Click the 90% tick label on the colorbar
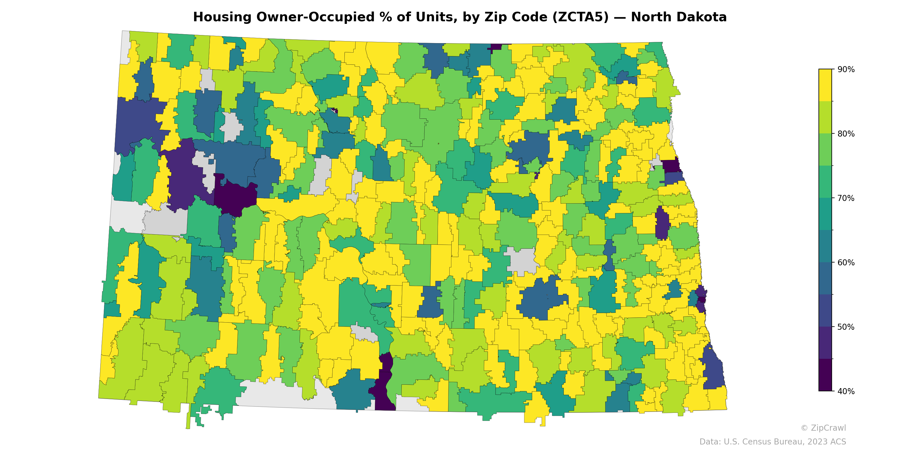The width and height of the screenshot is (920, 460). tap(846, 69)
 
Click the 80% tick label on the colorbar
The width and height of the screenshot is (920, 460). tap(846, 134)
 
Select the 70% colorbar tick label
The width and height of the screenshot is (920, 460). tap(846, 198)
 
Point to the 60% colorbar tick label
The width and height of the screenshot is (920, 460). tap(846, 262)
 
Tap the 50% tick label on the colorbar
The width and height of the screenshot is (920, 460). tap(846, 327)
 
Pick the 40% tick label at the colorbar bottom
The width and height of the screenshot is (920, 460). tap(846, 391)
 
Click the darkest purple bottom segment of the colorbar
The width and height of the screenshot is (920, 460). tap(825, 375)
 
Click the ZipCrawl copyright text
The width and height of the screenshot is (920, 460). tap(823, 428)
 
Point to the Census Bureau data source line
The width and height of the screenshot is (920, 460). tap(772, 442)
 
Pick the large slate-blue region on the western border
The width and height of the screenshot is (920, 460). tap(137, 121)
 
